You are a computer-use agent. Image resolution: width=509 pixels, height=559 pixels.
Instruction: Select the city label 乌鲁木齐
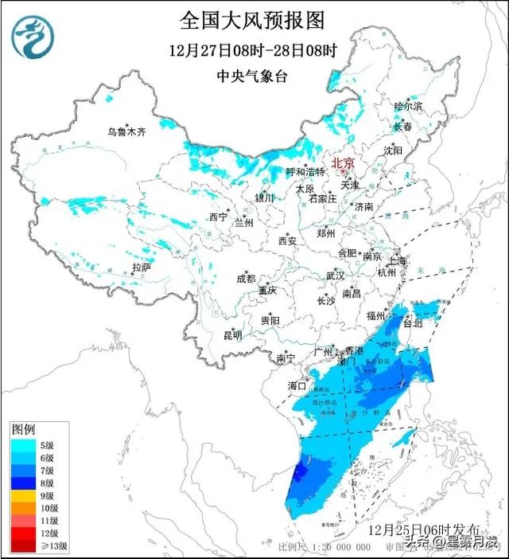pyautogui.click(x=128, y=132)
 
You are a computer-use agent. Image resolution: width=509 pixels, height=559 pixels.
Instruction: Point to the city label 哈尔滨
pyautogui.click(x=408, y=106)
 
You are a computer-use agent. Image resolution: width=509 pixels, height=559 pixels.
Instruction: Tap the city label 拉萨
pyautogui.click(x=141, y=267)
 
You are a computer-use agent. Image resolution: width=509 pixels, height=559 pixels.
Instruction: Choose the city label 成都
pyautogui.click(x=246, y=279)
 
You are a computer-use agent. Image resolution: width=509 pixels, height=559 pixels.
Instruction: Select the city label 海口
pyautogui.click(x=297, y=385)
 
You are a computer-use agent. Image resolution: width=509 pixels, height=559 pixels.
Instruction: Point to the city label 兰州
pyautogui.click(x=244, y=223)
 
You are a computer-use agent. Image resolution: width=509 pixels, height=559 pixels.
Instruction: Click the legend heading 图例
pyautogui.click(x=23, y=429)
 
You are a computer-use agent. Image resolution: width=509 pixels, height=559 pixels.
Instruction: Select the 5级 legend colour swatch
pyautogui.click(x=21, y=445)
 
